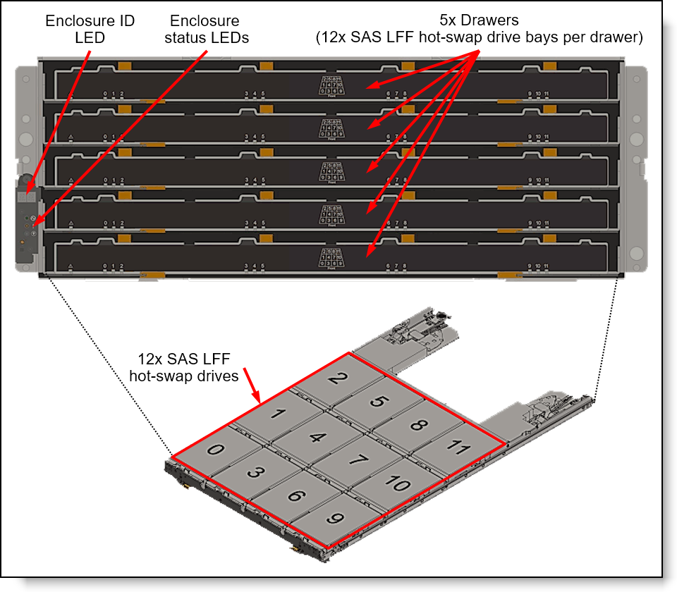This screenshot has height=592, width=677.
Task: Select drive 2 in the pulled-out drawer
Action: [x=338, y=378]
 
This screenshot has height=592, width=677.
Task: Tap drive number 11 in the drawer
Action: [x=458, y=448]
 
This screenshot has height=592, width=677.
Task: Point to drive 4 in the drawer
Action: [x=318, y=437]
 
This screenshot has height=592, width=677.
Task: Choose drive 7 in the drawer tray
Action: [x=358, y=461]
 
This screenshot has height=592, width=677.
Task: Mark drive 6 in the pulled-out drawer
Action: [x=295, y=496]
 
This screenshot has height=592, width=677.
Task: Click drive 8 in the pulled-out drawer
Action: [x=419, y=425]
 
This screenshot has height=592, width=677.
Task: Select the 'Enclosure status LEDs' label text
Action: [x=206, y=29]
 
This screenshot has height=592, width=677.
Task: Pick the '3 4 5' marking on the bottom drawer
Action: [x=255, y=266]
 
